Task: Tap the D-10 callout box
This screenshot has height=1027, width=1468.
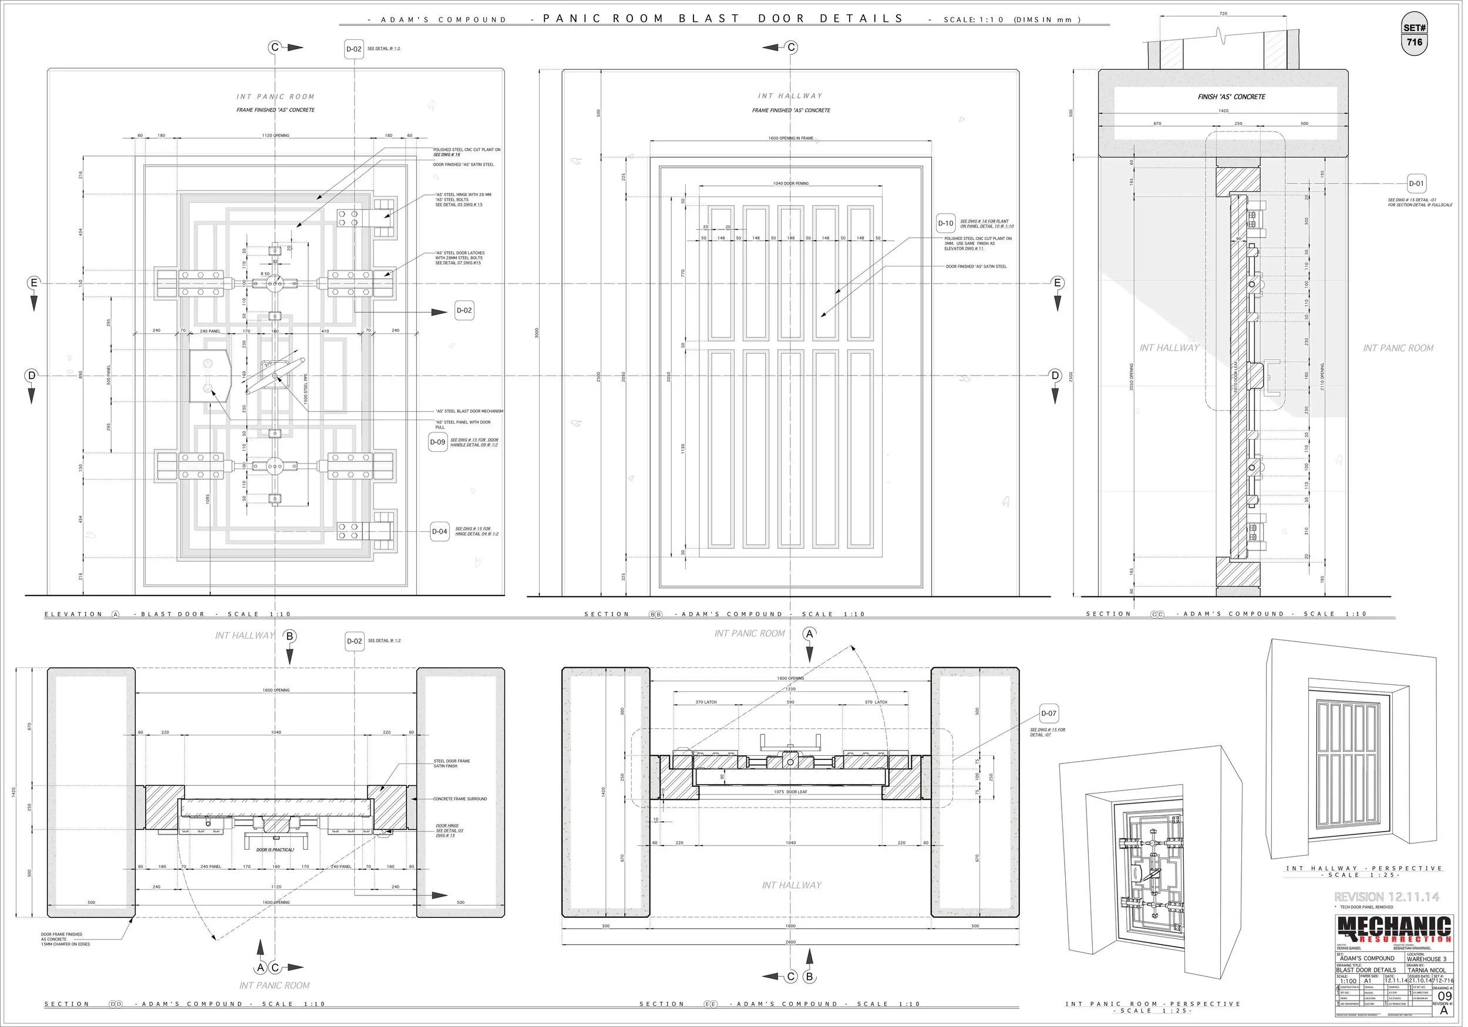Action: pyautogui.click(x=945, y=223)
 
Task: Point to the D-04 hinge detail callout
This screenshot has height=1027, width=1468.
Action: pyautogui.click(x=439, y=532)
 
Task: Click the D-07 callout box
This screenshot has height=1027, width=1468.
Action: pyautogui.click(x=1049, y=713)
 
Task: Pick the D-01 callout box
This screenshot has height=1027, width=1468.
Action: pyautogui.click(x=1416, y=184)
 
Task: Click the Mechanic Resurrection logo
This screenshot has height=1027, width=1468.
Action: pyautogui.click(x=1394, y=928)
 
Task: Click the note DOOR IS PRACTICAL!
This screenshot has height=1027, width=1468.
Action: pyautogui.click(x=275, y=850)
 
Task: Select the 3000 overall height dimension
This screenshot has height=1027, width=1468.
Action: pyautogui.click(x=537, y=332)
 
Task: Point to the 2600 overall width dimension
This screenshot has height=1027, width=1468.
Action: pyautogui.click(x=790, y=942)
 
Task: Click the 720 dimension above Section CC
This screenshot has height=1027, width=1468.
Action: pyautogui.click(x=1223, y=13)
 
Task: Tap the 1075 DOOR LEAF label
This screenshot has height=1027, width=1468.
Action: pyautogui.click(x=791, y=792)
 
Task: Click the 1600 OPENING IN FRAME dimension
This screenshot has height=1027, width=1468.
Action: pyautogui.click(x=791, y=138)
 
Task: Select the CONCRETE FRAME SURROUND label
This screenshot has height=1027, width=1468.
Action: pyautogui.click(x=460, y=799)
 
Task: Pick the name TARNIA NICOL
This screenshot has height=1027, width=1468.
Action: pyautogui.click(x=1426, y=970)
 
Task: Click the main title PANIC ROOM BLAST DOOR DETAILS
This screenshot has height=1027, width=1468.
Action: pyautogui.click(x=723, y=19)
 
